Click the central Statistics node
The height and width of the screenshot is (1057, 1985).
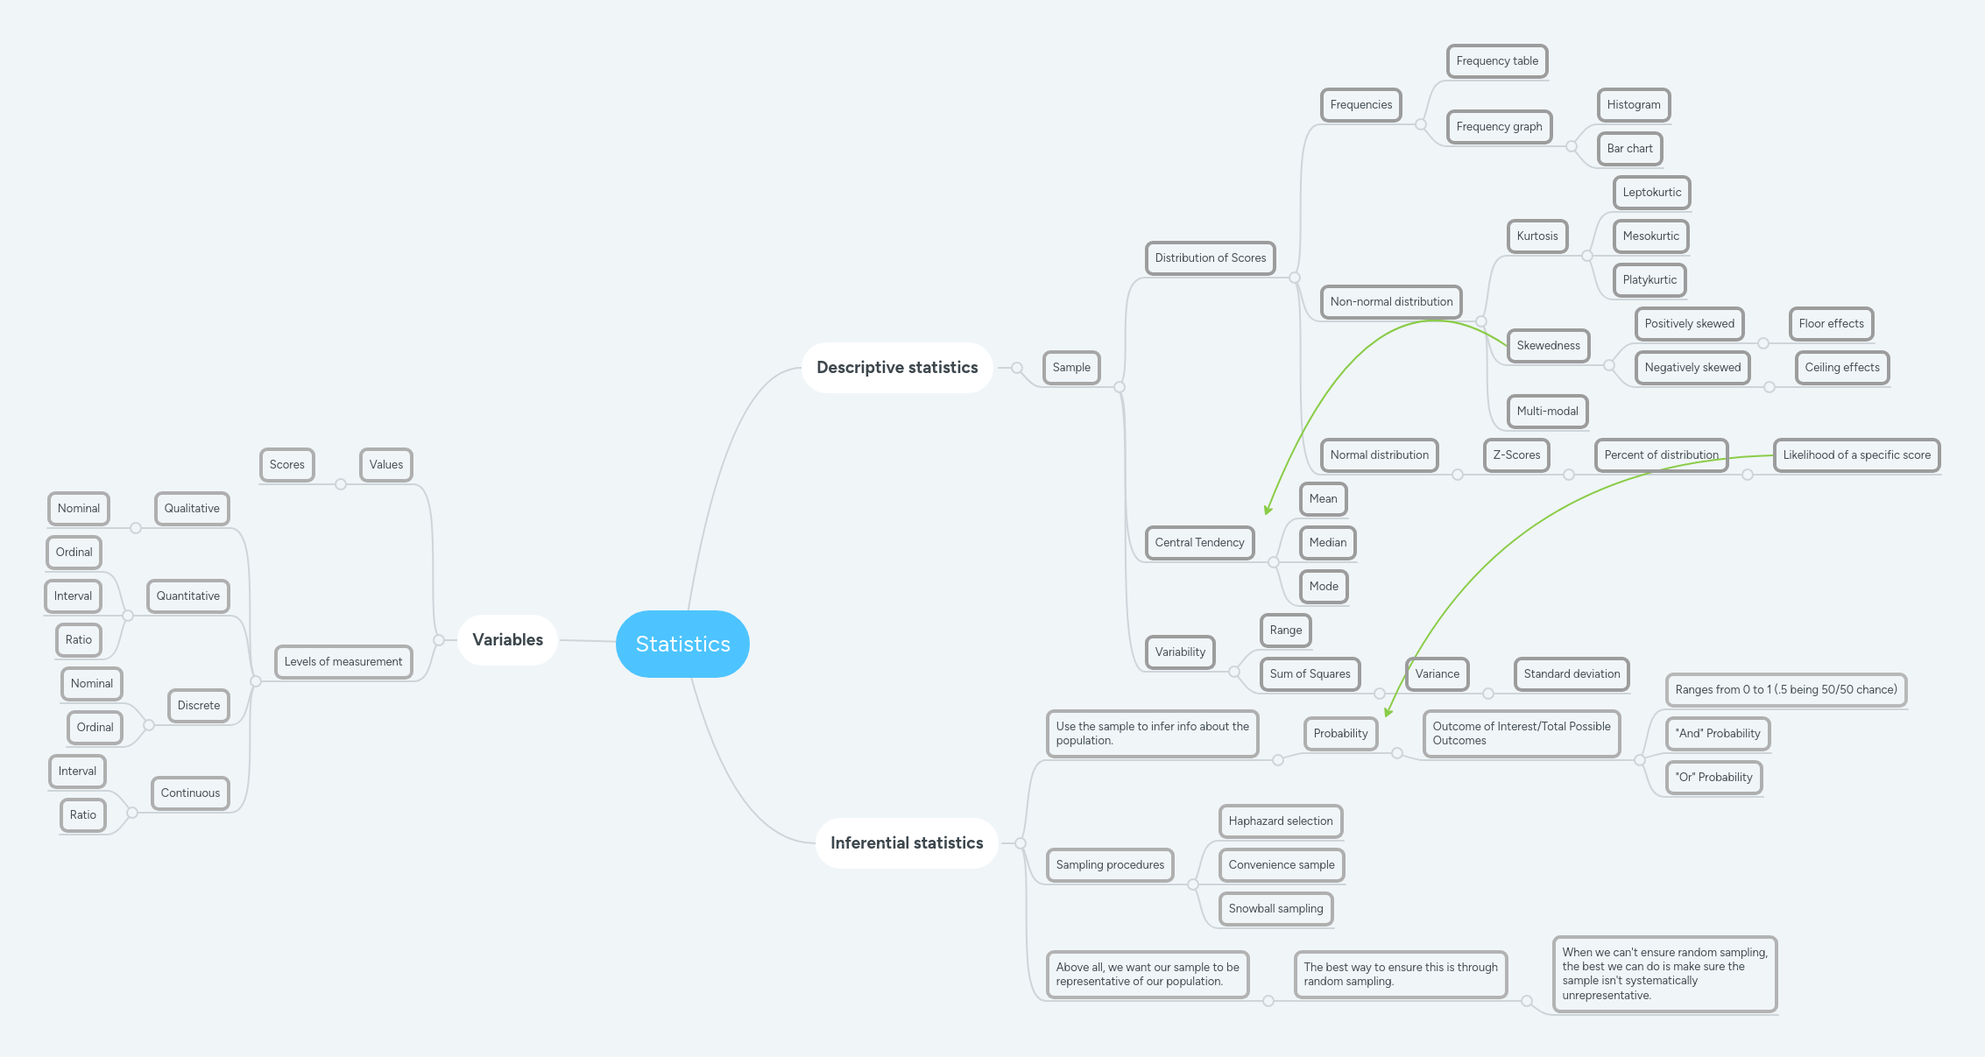click(x=682, y=644)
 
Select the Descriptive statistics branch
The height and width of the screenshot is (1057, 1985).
click(x=897, y=368)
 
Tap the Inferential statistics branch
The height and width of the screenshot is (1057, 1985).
click(x=907, y=842)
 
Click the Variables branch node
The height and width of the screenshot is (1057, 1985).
click(x=507, y=639)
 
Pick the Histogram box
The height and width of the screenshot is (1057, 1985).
click(x=1633, y=105)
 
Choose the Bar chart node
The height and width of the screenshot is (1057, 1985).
click(x=1629, y=149)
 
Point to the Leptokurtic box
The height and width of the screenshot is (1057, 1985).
click(x=1651, y=193)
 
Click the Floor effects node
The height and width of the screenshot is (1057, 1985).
click(x=1831, y=324)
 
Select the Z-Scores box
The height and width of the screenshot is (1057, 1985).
click(x=1516, y=455)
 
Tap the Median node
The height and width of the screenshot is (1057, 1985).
click(x=1327, y=543)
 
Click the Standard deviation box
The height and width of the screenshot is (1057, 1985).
click(x=1572, y=674)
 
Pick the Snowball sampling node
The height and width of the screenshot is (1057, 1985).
click(x=1275, y=909)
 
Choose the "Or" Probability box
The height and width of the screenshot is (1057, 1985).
click(x=1713, y=778)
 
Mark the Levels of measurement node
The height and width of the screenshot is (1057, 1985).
click(x=343, y=662)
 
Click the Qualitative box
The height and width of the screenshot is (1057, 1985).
click(x=192, y=509)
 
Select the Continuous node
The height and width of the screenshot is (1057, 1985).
click(x=190, y=793)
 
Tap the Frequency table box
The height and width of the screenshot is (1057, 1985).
click(x=1497, y=61)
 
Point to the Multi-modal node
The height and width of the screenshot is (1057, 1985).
click(x=1547, y=412)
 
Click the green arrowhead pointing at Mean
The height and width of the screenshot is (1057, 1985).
click(x=1268, y=510)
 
